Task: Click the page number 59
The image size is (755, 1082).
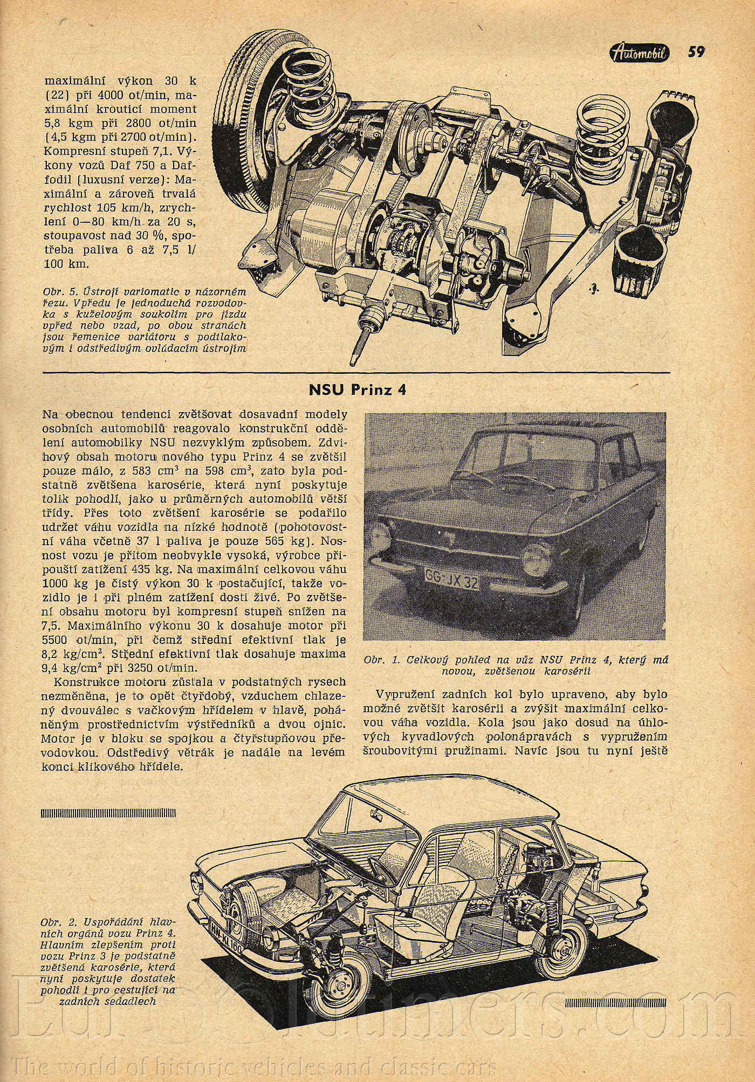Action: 695,52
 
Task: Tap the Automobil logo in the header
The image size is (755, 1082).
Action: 641,52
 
